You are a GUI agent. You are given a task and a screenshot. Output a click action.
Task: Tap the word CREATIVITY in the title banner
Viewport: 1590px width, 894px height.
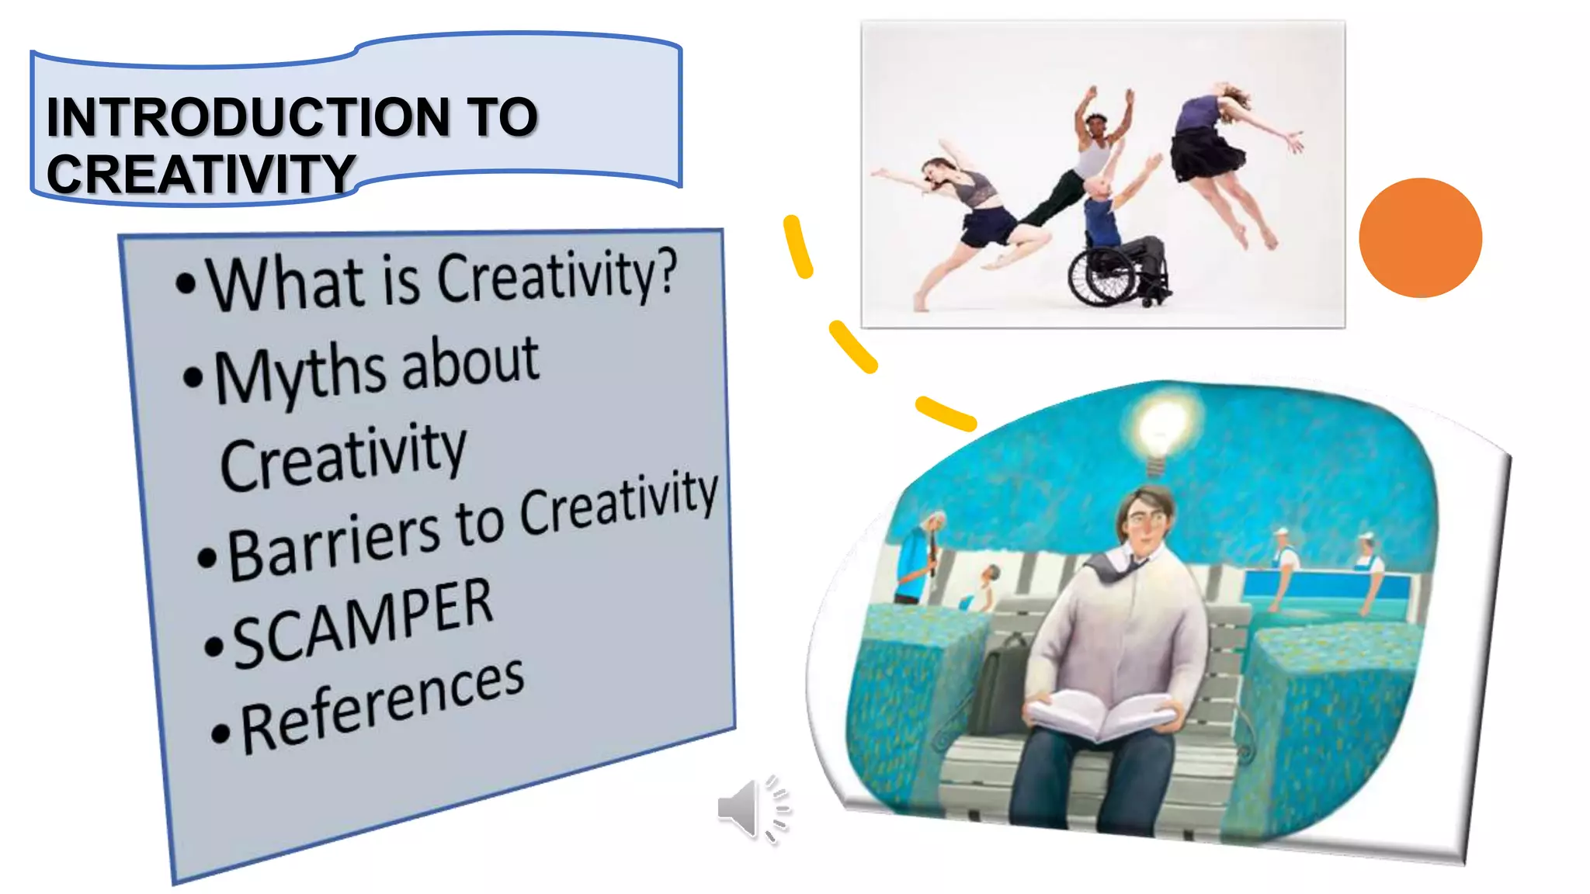(x=200, y=174)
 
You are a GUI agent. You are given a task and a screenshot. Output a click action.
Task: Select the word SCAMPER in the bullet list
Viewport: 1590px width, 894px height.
(x=363, y=624)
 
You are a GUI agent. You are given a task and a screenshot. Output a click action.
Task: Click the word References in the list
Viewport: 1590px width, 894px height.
(x=383, y=707)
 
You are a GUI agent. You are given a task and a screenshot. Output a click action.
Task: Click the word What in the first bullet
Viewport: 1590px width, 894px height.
(x=286, y=283)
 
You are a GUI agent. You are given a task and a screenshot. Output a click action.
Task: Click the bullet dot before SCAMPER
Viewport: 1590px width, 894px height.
(x=213, y=646)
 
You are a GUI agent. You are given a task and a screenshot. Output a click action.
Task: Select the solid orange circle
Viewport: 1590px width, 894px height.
(x=1420, y=237)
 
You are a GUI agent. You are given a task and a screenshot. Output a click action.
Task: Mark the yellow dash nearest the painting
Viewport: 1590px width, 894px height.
(x=946, y=414)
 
